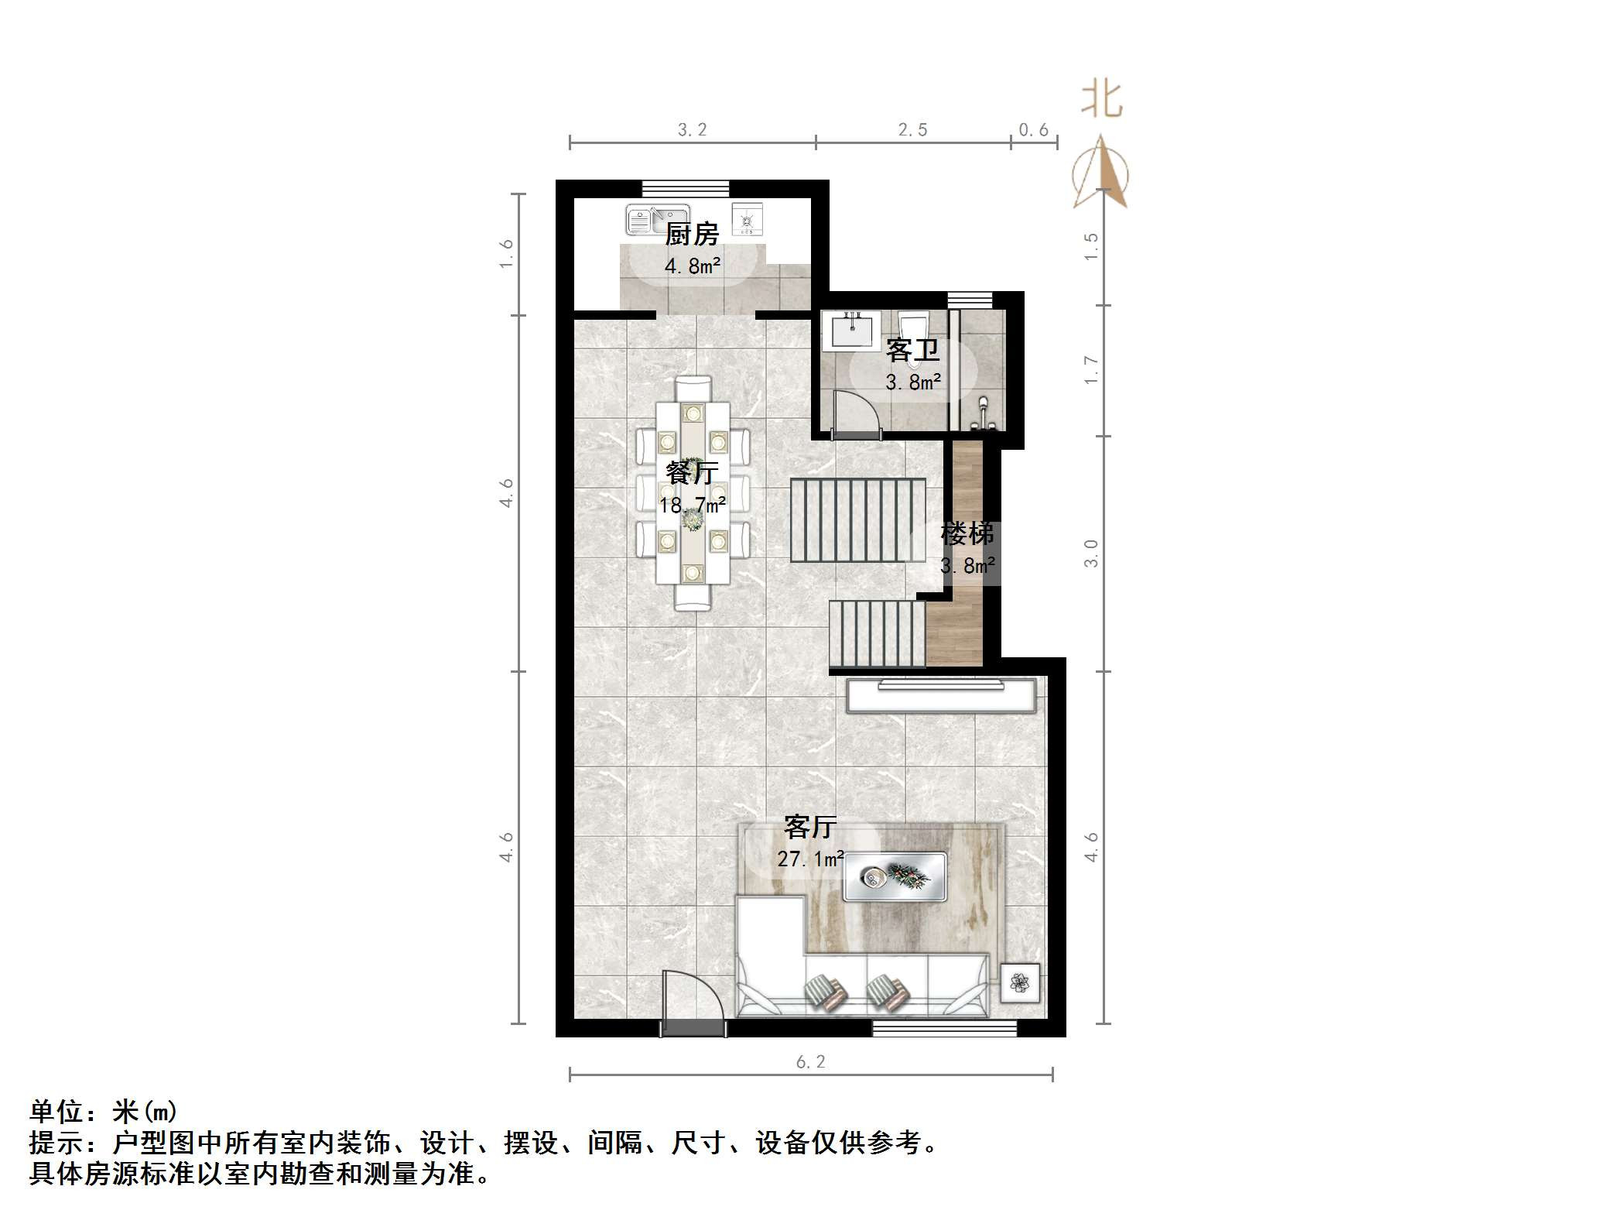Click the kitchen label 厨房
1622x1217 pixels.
pyautogui.click(x=692, y=234)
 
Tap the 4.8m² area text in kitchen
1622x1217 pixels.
pyautogui.click(x=693, y=266)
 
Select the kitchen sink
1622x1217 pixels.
pyautogui.click(x=656, y=220)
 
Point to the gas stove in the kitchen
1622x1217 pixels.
pyautogui.click(x=747, y=221)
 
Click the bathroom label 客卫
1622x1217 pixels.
pyautogui.click(x=913, y=351)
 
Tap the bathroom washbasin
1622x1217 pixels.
pyautogui.click(x=853, y=331)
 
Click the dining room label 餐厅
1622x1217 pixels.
pyautogui.click(x=692, y=472)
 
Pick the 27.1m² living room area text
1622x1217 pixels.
pyautogui.click(x=810, y=859)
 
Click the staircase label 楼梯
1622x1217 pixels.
pyautogui.click(x=967, y=533)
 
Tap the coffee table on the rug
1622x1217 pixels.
pyautogui.click(x=895, y=877)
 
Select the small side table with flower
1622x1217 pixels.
pyautogui.click(x=1021, y=984)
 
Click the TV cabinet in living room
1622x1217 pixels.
pyautogui.click(x=941, y=696)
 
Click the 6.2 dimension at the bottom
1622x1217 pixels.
pyautogui.click(x=810, y=1062)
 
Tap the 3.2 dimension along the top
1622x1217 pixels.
pyautogui.click(x=692, y=130)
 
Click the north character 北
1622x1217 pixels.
pyautogui.click(x=1101, y=101)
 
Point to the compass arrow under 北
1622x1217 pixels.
pyautogui.click(x=1101, y=174)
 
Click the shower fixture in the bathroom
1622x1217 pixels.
pyautogui.click(x=983, y=414)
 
